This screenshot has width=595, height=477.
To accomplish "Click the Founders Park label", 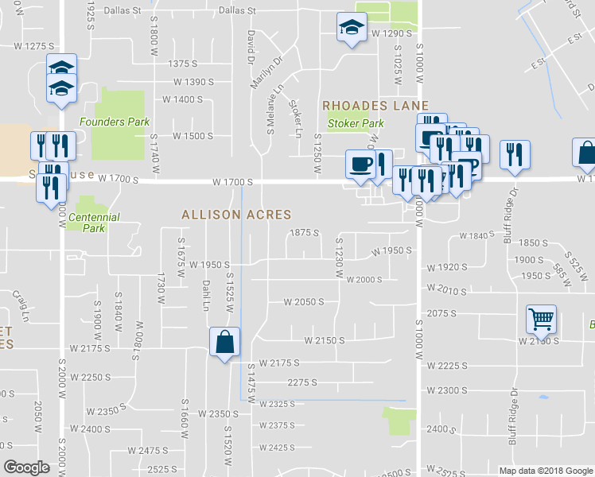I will [x=114, y=122].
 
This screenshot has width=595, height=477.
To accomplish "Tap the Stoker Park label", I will [x=356, y=123].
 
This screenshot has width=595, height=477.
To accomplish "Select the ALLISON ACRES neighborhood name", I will [x=236, y=215].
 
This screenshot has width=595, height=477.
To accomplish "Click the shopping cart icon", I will [x=541, y=320].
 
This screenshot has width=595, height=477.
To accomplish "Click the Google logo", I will [x=27, y=467].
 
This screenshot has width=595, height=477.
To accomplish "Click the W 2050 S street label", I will [x=304, y=302].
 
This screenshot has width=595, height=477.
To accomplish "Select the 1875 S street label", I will [x=304, y=233].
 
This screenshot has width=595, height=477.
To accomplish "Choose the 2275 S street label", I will [x=302, y=382].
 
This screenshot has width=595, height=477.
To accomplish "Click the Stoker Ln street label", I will [x=295, y=116].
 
